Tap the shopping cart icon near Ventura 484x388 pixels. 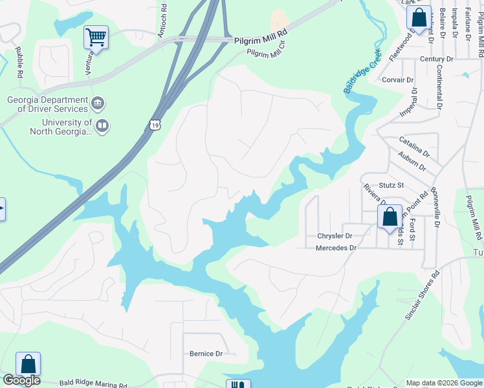click(x=96, y=38)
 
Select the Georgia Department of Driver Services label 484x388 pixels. click(x=47, y=105)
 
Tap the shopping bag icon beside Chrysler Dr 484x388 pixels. click(x=390, y=217)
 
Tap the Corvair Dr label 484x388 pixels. click(x=397, y=80)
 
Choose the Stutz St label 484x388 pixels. click(x=391, y=186)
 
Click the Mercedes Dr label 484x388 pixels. click(x=336, y=248)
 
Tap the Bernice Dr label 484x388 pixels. click(x=206, y=354)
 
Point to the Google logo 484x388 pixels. click(x=21, y=380)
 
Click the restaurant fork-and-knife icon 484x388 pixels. click(x=237, y=384)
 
